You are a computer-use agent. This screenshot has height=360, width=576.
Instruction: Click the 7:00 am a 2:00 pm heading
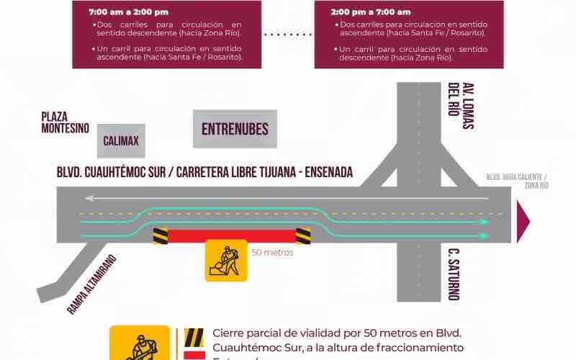tap(128, 12)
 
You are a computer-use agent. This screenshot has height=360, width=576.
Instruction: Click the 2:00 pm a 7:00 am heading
tap(371, 12)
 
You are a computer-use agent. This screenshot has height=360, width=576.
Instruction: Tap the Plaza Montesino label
tap(65, 122)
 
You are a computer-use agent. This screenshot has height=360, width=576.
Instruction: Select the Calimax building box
tap(121, 140)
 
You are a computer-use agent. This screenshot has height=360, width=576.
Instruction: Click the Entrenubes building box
tap(235, 129)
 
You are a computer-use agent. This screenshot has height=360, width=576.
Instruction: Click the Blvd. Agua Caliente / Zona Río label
tap(517, 181)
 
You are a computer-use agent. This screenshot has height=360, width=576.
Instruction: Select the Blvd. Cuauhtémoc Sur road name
tap(204, 173)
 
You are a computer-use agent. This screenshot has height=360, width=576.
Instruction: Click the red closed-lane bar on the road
tap(231, 235)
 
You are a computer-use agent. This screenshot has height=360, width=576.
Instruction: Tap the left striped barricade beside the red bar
tap(159, 235)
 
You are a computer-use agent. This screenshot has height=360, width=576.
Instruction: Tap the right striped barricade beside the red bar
tap(303, 235)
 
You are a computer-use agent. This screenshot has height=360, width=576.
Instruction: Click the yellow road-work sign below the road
tap(226, 260)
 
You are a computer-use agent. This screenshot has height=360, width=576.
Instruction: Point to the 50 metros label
tap(273, 253)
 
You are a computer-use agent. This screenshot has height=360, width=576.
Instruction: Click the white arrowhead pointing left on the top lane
tap(87, 197)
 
